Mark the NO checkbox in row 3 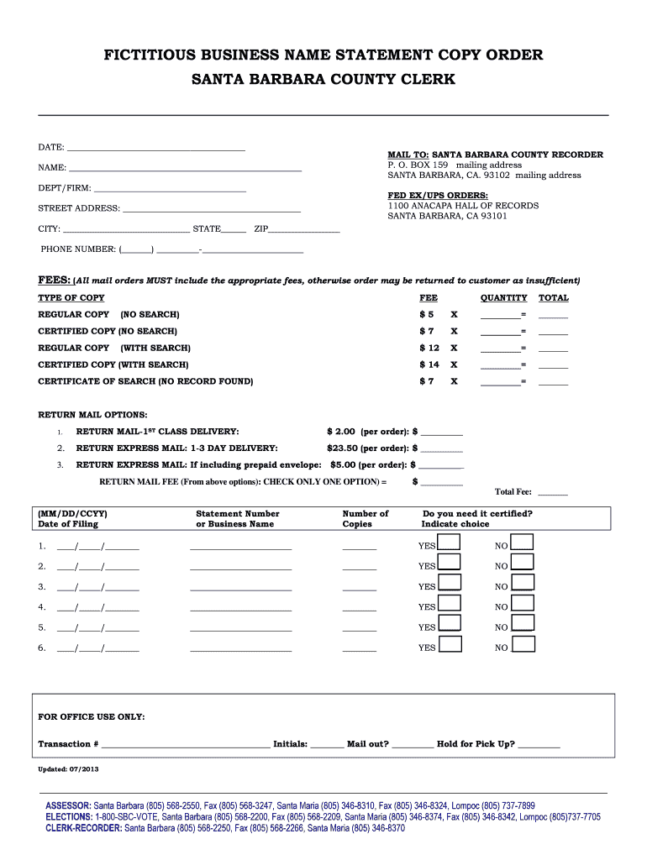(x=523, y=583)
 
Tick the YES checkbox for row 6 (x=450, y=644)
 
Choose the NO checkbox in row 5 (x=523, y=623)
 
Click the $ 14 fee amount (x=429, y=364)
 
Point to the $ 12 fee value (x=429, y=348)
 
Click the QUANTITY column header (x=503, y=298)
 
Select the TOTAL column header (x=553, y=298)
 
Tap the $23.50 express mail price (x=342, y=448)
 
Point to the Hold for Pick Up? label (x=476, y=744)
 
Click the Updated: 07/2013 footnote (x=68, y=769)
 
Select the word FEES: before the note (x=54, y=281)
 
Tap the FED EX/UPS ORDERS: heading (x=426, y=196)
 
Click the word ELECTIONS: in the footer (x=69, y=816)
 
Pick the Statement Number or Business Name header (x=237, y=518)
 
